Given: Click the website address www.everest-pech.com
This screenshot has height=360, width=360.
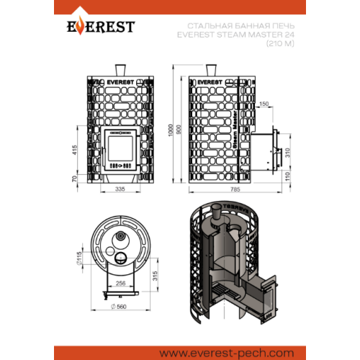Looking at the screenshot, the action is click(x=227, y=354).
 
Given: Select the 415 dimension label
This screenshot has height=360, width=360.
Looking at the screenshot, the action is click(x=75, y=150).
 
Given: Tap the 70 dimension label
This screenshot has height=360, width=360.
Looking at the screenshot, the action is click(x=75, y=179).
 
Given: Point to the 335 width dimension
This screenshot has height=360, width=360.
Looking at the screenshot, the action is click(x=120, y=189).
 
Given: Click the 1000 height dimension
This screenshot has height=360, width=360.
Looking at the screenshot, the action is click(x=171, y=130).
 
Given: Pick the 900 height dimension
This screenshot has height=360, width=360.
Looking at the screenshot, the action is click(x=179, y=130).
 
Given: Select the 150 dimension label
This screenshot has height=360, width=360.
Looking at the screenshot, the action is click(x=264, y=104).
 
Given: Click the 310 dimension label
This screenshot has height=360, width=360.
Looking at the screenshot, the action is click(x=287, y=153).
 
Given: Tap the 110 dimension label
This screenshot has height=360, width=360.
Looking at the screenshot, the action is click(x=287, y=176).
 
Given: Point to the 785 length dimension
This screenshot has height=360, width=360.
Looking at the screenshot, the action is click(x=235, y=189).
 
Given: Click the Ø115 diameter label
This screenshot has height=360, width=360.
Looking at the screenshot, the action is click(x=79, y=258).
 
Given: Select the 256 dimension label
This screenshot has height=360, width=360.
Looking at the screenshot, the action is click(x=120, y=283).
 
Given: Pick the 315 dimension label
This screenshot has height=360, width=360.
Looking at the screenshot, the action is click(x=155, y=276).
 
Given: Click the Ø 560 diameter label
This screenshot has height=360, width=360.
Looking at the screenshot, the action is click(x=119, y=307).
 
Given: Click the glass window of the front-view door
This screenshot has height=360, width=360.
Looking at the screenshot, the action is click(x=120, y=148).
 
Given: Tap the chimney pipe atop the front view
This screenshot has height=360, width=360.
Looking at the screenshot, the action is click(x=120, y=70).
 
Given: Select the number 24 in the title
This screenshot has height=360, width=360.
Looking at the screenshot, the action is click(x=290, y=35).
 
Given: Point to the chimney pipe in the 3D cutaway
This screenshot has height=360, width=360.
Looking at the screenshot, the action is click(x=216, y=211).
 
